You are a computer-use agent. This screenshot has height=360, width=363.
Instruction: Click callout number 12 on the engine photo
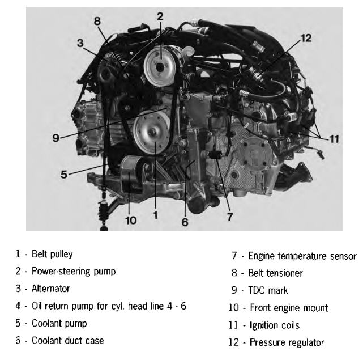pos(306,38)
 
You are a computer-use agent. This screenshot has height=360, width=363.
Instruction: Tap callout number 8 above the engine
pos(97,21)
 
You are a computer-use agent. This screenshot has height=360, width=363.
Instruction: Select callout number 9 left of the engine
pos(56,138)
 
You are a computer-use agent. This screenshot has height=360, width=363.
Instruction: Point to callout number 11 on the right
pos(334,139)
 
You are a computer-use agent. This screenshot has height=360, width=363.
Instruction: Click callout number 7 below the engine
pos(229,217)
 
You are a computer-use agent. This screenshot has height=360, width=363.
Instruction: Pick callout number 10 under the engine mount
pos(131,220)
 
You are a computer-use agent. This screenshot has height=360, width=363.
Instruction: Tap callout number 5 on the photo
pos(64,174)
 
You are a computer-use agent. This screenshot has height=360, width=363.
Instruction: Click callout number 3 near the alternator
pos(80,43)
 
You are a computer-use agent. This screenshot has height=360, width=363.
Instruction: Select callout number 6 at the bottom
pos(185,222)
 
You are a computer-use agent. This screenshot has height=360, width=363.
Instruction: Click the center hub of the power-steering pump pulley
pos(160,67)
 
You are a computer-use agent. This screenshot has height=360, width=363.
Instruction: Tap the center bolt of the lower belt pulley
pos(153,132)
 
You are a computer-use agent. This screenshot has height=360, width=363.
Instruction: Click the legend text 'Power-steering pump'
pos(74,271)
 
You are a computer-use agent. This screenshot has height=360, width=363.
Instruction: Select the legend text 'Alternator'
pos(51,289)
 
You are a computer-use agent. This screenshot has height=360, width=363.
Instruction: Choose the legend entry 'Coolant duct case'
pos(67,341)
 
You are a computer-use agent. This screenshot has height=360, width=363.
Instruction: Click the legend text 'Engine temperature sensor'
pos(302,256)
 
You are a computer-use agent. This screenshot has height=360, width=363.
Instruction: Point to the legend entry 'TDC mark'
pos(268,290)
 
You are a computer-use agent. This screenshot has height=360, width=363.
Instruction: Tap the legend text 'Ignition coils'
pos(275,325)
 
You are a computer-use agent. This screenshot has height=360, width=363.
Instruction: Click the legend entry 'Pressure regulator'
pos(287,342)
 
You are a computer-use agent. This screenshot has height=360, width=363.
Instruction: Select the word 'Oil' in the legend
pos(37,306)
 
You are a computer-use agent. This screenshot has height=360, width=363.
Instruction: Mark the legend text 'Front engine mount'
pos(289,308)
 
